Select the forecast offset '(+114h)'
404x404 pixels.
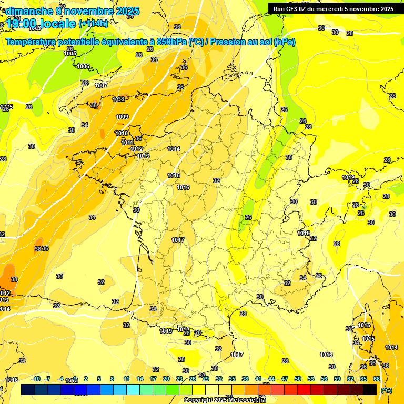(x=93, y=24)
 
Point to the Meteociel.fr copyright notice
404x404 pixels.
(x=225, y=400)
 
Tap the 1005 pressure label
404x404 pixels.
(x=70, y=53)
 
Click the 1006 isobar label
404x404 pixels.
(x=83, y=66)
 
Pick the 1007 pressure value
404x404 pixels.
(x=101, y=85)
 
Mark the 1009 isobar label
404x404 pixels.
(x=122, y=117)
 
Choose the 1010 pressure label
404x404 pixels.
(x=122, y=133)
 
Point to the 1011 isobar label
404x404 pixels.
(x=127, y=143)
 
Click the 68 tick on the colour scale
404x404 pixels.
(x=377, y=379)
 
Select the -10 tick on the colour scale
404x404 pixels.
(x=36, y=379)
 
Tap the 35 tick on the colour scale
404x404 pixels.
(x=232, y=379)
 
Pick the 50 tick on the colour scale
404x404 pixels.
(x=298, y=379)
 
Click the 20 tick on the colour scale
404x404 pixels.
(x=166, y=379)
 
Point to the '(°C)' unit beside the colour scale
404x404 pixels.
(x=386, y=390)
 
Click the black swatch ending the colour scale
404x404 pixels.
(x=370, y=389)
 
